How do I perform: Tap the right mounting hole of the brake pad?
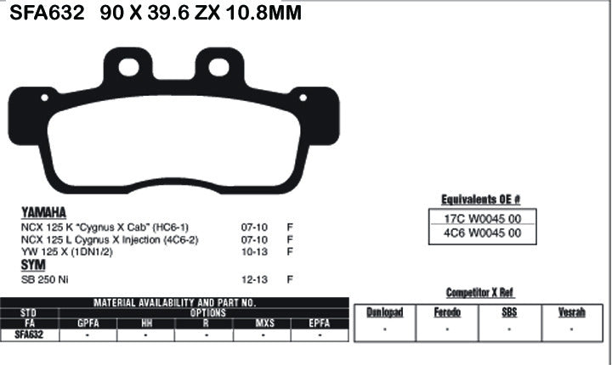tap(218, 66)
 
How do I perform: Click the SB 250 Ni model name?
tap(44, 278)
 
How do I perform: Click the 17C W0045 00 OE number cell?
tap(482, 218)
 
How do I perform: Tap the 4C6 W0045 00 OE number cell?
tap(482, 234)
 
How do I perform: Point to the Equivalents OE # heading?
tap(481, 199)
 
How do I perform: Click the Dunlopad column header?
tap(384, 312)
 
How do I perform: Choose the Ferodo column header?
tap(447, 312)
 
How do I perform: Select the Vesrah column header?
tap(571, 312)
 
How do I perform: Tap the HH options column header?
tap(146, 323)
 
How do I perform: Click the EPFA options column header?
tap(320, 323)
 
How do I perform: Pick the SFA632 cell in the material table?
tap(29, 334)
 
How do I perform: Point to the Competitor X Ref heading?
tap(479, 292)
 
